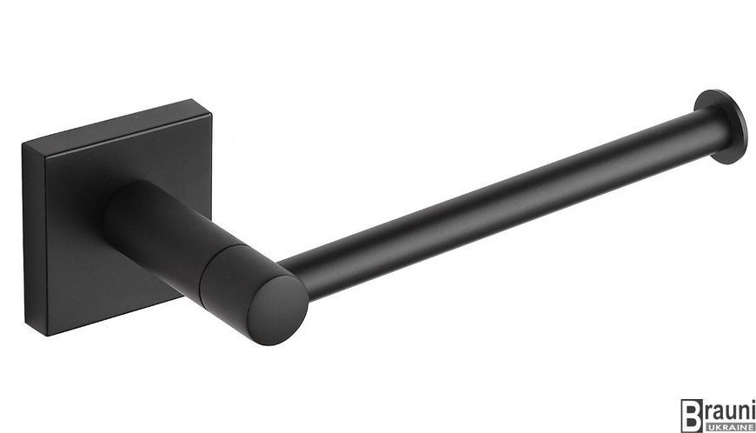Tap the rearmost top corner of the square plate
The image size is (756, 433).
pyautogui.click(x=193, y=100)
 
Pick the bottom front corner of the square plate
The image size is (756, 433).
pyautogui.click(x=48, y=334)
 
